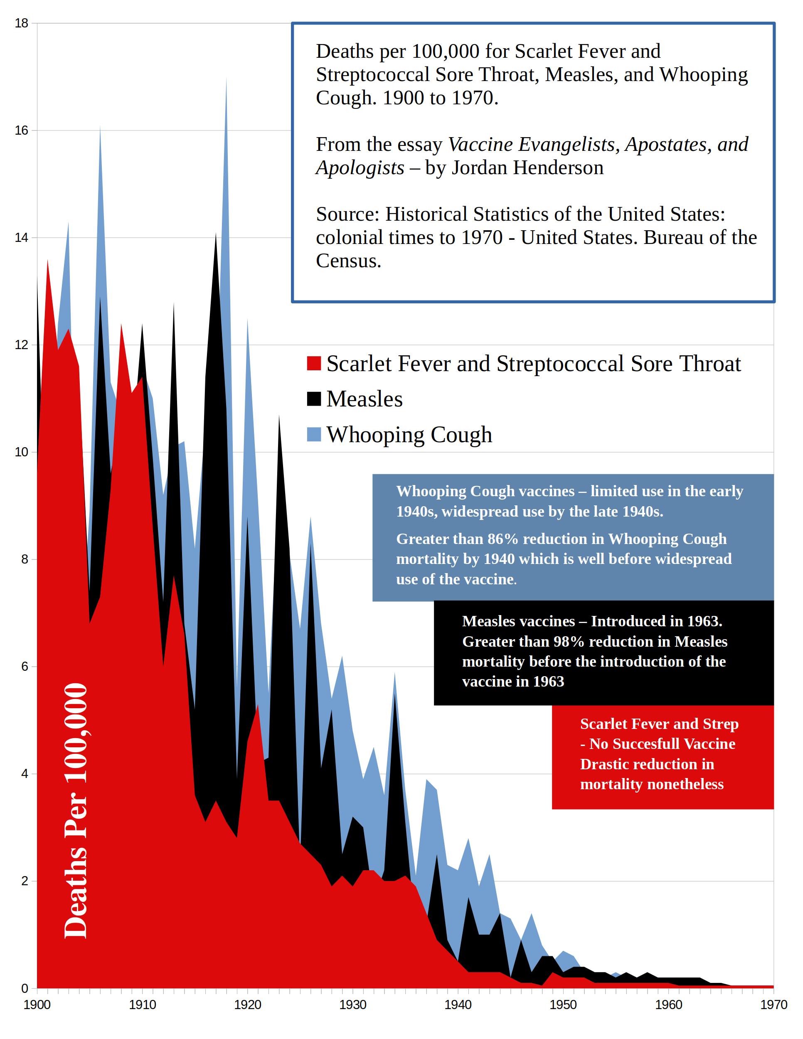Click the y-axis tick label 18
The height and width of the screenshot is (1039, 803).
[22, 23]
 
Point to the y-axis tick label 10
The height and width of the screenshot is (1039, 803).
[22, 452]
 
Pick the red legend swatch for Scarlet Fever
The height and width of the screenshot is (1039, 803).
[314, 364]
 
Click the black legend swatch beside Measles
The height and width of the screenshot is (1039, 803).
[314, 399]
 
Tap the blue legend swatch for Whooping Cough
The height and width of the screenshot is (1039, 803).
[314, 434]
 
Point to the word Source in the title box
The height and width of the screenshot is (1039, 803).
[347, 214]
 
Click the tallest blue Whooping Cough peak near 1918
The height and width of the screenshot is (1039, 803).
[226, 81]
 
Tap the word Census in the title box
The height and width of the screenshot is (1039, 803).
[348, 261]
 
